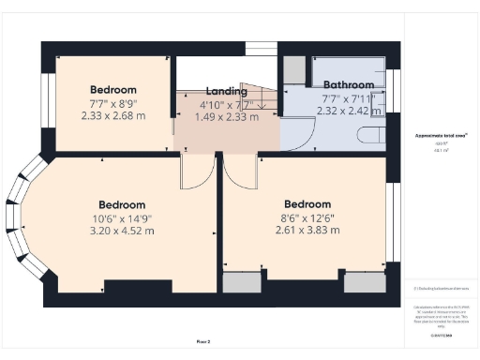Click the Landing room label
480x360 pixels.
[x=227, y=91]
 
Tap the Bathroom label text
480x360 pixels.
[x=337, y=83]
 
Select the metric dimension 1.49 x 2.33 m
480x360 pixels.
[x=227, y=117]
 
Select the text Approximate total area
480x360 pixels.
[x=441, y=136]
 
